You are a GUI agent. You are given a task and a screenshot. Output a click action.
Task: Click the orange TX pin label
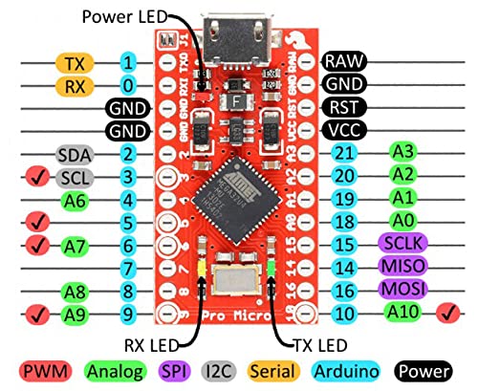(74, 63)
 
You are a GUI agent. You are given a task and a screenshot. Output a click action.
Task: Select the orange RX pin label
(74, 86)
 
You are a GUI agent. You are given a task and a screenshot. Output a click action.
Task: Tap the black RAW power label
(342, 61)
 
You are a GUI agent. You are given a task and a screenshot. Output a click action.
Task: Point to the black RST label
(342, 106)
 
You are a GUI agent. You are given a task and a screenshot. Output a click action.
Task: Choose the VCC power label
(342, 129)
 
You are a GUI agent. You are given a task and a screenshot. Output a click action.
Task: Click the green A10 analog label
(405, 312)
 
